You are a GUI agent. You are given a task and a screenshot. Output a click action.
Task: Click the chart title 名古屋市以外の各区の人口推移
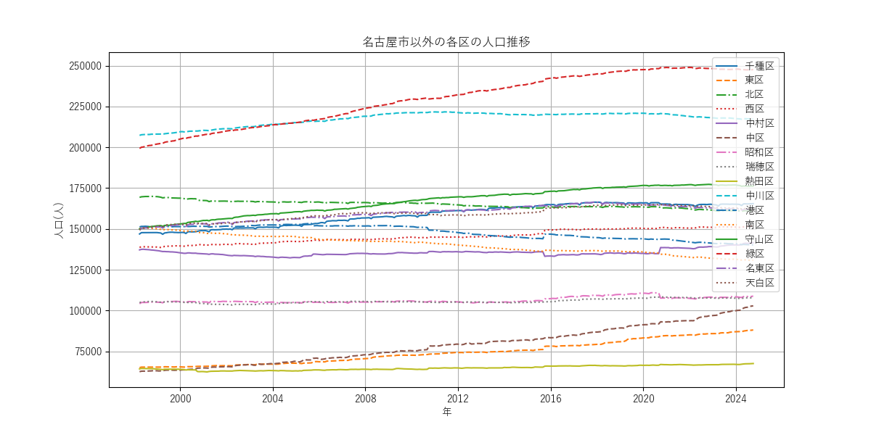tap(446, 41)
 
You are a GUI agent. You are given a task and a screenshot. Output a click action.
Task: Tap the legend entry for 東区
tap(755, 80)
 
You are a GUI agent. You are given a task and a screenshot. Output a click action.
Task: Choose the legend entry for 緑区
tap(755, 253)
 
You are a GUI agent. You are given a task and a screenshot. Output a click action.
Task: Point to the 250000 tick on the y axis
tap(81, 66)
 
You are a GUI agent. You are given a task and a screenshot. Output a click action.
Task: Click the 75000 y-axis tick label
tap(83, 352)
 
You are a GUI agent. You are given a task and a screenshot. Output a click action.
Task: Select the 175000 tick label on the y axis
tap(81, 188)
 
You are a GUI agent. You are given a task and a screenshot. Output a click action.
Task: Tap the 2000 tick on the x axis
tap(181, 398)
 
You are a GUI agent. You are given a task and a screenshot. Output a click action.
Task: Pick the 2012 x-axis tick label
tap(458, 398)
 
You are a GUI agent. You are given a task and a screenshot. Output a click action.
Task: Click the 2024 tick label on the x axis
tap(736, 398)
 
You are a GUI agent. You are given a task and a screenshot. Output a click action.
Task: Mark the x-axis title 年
tap(446, 412)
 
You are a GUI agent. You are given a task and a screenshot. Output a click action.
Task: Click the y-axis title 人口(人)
tap(60, 220)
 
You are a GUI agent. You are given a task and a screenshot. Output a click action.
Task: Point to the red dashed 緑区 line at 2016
tap(551, 78)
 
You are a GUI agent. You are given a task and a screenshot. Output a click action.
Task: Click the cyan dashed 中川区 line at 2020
tap(643, 113)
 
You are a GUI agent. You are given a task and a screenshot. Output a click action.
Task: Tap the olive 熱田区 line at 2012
tap(458, 368)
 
